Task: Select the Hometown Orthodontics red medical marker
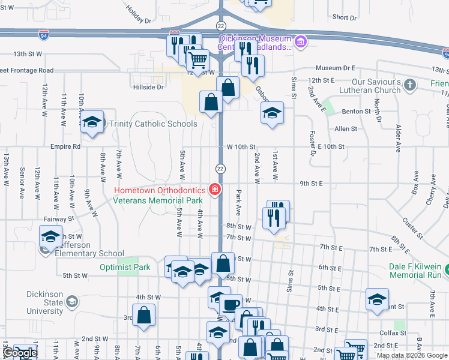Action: (x=215, y=190)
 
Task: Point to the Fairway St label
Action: (x=58, y=220)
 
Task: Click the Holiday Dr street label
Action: (x=139, y=14)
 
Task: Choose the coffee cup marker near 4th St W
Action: (x=230, y=305)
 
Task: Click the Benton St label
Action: (x=357, y=112)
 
